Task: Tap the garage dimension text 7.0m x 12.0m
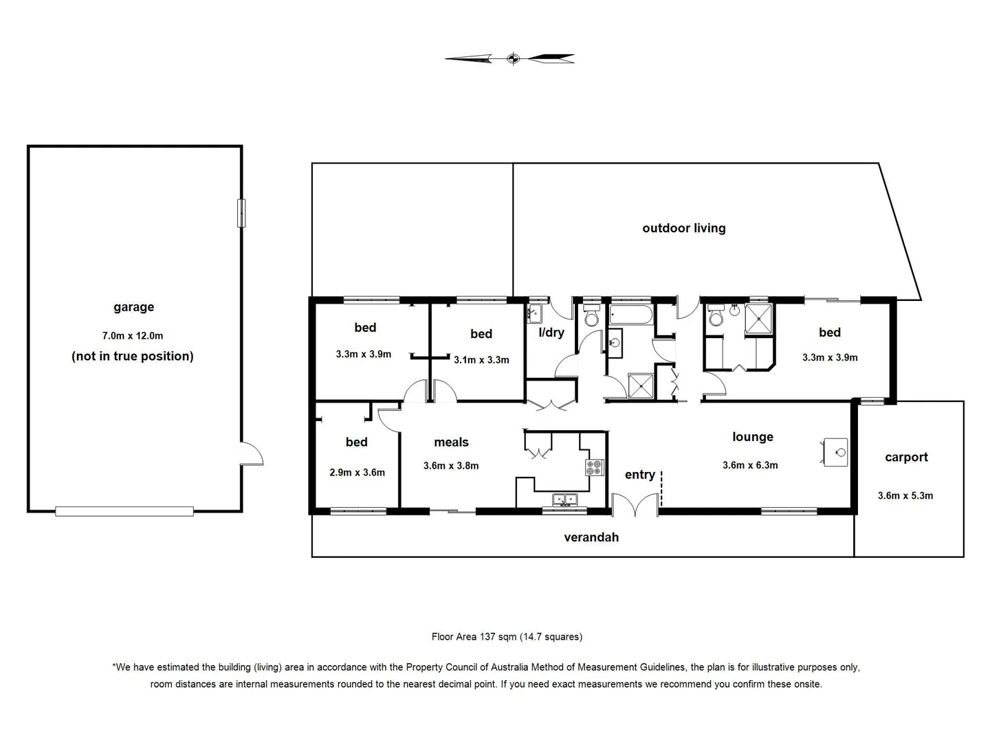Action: [x=133, y=336]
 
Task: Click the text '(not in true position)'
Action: [x=133, y=356]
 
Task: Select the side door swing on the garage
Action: [x=252, y=454]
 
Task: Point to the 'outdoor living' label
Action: [x=683, y=228]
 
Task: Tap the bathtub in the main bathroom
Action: [x=630, y=315]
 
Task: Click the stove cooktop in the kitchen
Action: [x=594, y=468]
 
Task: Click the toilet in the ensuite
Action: [x=716, y=316]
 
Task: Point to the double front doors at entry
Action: [x=635, y=506]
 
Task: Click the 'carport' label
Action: [x=906, y=458]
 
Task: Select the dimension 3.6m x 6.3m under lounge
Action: [x=750, y=465]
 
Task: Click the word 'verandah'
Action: [x=591, y=537]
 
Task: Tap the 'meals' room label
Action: [x=451, y=442]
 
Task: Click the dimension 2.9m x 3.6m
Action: [x=357, y=473]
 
